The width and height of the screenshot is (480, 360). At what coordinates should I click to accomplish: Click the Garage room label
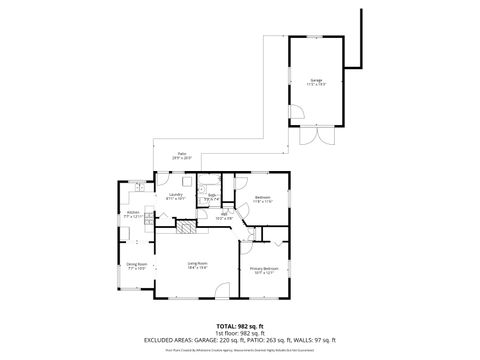[x=316, y=81]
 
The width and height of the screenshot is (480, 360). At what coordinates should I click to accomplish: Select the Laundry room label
[x=176, y=197]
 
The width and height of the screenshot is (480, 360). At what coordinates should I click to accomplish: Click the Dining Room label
[x=137, y=267]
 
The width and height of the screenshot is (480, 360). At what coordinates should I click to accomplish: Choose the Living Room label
[x=197, y=265]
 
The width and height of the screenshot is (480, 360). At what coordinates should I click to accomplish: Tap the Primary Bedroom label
[x=264, y=270]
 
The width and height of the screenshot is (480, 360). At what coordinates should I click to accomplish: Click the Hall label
[x=226, y=216]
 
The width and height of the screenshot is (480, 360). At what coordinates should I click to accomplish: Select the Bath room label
[x=212, y=197]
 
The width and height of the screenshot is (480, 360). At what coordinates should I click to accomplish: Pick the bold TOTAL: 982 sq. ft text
[x=239, y=326]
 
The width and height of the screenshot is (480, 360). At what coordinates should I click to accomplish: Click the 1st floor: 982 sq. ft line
[x=239, y=333]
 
